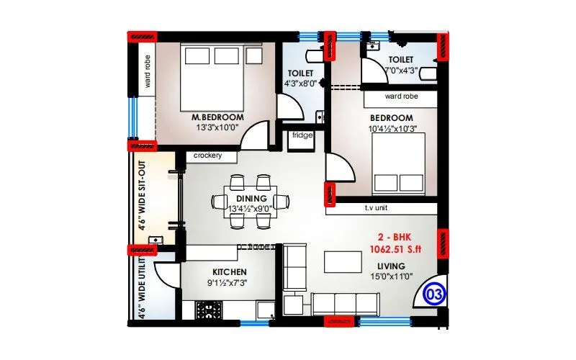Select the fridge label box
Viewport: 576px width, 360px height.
point(302,135)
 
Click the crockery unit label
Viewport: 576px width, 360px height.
point(207,156)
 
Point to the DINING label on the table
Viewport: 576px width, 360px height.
point(252,198)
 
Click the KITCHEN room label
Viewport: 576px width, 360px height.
point(230,271)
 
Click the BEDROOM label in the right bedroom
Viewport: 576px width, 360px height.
point(391,118)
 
